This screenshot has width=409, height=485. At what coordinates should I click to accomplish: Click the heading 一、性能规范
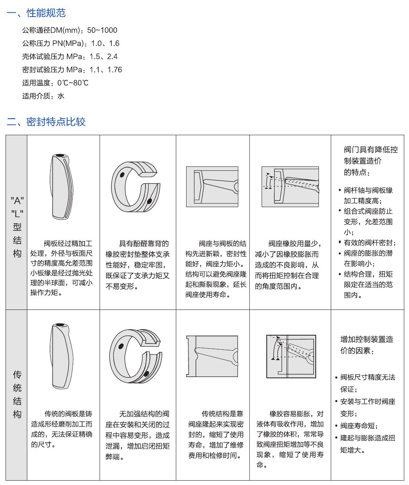coord(36,13)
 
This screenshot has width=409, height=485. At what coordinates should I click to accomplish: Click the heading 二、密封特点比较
coord(46,122)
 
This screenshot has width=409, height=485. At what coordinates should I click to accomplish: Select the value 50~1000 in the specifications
coord(102,30)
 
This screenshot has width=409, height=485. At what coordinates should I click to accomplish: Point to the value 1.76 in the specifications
coord(115,70)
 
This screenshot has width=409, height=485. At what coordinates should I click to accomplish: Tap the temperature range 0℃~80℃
coord(73,83)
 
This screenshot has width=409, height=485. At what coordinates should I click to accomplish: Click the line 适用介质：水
coord(43,96)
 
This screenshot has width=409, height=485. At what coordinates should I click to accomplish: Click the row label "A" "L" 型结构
coord(17,227)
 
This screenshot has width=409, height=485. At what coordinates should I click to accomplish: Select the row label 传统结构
coord(17,394)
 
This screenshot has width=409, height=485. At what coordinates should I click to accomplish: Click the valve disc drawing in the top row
coord(62,187)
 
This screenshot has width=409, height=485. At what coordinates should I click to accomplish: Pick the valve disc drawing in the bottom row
coord(62,356)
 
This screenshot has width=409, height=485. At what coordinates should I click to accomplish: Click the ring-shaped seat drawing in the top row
coord(136,187)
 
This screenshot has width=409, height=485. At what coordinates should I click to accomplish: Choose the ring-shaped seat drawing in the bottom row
coord(136,356)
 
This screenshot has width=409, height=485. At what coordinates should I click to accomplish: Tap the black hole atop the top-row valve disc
coord(60,155)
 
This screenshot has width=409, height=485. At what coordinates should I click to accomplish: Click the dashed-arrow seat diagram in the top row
coord(290,187)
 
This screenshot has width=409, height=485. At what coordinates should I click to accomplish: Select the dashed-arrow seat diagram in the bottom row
coord(291,356)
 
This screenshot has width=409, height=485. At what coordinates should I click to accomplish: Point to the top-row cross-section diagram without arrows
coord(212,187)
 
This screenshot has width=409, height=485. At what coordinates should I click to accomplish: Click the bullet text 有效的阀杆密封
coord(369,243)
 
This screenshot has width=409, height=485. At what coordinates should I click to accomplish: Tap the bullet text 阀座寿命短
coord(359,426)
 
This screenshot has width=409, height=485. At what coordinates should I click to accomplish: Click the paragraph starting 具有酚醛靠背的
coord(138,265)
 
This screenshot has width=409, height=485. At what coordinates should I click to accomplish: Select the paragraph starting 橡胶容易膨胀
coord(290,440)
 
